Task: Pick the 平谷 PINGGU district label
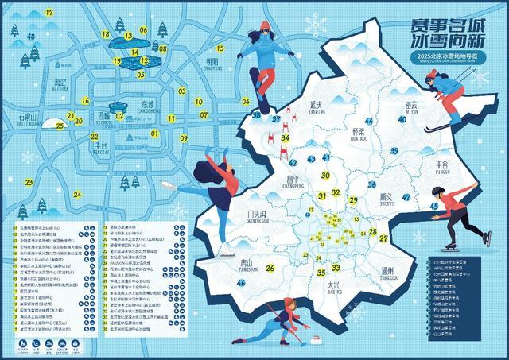(x=443, y=166)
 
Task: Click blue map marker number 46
(x=241, y=282)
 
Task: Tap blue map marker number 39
(x=394, y=151)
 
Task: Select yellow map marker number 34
(x=285, y=137)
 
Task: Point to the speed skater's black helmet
(x=437, y=191)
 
